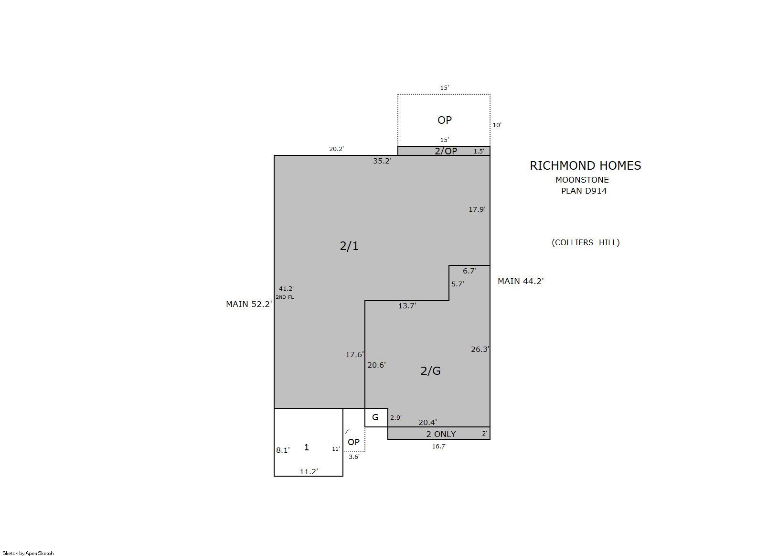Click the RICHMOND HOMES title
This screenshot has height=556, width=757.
(x=585, y=166)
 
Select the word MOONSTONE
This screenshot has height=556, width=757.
(x=582, y=180)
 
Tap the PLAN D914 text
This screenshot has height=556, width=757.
(x=584, y=191)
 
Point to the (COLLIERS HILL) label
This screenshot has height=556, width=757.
(x=586, y=242)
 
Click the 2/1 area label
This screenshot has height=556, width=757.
(x=349, y=246)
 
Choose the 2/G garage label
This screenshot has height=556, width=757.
(x=430, y=371)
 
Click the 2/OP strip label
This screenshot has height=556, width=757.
(x=446, y=151)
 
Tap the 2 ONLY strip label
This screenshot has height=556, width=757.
(x=441, y=434)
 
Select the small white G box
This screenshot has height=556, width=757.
(x=376, y=418)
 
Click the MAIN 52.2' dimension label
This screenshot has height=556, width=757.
(x=249, y=305)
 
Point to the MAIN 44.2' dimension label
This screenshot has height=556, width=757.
(x=521, y=281)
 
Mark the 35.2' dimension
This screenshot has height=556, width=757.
(x=382, y=161)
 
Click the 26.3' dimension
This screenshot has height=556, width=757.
(x=480, y=349)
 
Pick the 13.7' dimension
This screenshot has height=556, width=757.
(x=407, y=306)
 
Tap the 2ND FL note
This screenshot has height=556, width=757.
(x=285, y=297)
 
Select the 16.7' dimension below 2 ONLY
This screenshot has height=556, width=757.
(x=439, y=447)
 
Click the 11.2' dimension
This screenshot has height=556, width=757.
(x=309, y=471)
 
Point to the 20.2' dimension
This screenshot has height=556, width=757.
(x=336, y=149)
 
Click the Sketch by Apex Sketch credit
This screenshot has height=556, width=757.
(x=28, y=553)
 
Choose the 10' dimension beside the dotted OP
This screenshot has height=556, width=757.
(x=497, y=125)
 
